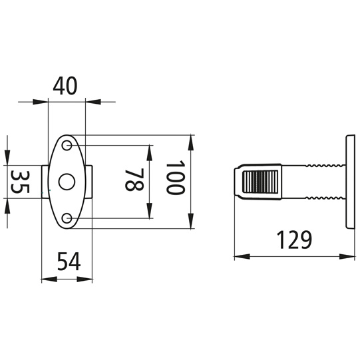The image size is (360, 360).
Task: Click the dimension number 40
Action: click(67, 86)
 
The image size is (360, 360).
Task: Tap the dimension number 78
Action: click(134, 180)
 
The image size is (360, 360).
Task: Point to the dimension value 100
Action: click(174, 177)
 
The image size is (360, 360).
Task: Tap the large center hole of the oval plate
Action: click(67, 182)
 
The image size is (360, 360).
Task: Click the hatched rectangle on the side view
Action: click(260, 182)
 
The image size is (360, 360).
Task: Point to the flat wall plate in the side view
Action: click(349, 181)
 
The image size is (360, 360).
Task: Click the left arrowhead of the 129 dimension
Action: click(238, 255)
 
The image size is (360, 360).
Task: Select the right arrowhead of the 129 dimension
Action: click(348, 255)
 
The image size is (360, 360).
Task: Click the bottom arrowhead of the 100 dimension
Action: click(191, 225)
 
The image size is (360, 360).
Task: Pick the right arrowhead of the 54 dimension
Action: click(88, 278)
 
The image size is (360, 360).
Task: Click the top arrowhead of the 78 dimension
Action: click(152, 148)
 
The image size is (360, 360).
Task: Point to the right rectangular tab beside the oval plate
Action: click(89, 182)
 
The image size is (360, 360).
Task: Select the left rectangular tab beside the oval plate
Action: click(44, 182)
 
